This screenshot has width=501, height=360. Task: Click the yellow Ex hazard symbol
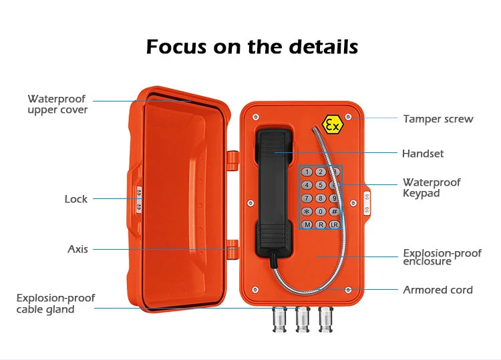click(x=333, y=125)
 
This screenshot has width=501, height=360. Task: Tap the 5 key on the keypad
click(x=321, y=185)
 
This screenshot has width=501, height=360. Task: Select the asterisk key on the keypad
click(x=307, y=211)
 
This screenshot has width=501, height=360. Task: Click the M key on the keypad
click(x=307, y=224)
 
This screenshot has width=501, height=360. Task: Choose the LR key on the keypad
click(x=334, y=224)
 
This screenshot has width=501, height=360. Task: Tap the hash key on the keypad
click(x=334, y=211)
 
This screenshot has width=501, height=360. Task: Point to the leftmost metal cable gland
click(x=280, y=319)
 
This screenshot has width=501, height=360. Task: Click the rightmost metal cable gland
click(x=326, y=319)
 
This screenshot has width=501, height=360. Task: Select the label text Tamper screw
click(x=438, y=119)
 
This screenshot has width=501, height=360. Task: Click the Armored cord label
click(x=438, y=290)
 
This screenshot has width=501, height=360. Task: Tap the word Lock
click(x=75, y=199)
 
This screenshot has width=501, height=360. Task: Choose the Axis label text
click(x=77, y=249)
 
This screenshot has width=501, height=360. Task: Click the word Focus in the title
click(x=176, y=47)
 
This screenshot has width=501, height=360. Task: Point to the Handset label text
click(x=423, y=154)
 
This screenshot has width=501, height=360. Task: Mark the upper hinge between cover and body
click(x=233, y=161)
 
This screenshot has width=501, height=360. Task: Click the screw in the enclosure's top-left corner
click(x=256, y=118)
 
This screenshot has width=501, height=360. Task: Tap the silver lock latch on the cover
click(x=139, y=200)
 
